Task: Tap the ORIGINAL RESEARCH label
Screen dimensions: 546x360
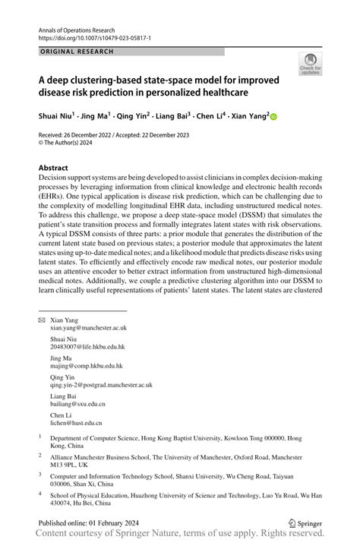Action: pos(76,52)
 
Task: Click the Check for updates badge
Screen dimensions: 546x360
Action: pos(310,65)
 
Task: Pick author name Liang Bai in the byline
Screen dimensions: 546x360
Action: pos(177,116)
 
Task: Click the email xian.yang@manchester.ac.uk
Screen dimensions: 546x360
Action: pos(89,328)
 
